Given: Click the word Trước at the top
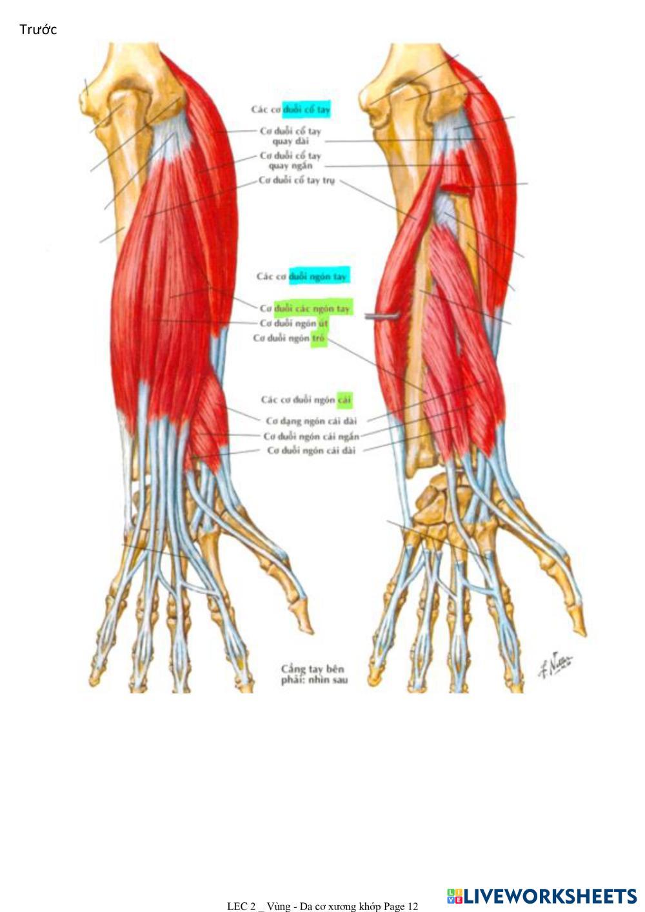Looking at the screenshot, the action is [38, 30].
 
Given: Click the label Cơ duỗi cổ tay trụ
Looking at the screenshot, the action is [297, 180].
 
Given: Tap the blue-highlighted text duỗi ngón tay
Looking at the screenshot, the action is [318, 277].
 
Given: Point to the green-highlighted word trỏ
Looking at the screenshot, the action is [319, 338].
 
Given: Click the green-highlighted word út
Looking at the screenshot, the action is [323, 323].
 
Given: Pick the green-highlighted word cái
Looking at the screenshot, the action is [344, 400].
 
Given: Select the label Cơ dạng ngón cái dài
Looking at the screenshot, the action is [311, 422].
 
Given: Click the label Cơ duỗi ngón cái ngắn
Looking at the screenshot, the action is [311, 436].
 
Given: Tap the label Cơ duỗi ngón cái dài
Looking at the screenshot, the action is [311, 451].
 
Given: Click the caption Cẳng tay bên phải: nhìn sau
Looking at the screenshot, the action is [313, 674].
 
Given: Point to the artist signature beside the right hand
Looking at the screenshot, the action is [556, 664].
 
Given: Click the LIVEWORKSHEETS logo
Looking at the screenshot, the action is [542, 896].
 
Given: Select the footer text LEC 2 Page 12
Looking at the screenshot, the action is [322, 906].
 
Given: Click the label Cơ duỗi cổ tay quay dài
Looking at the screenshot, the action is [290, 136].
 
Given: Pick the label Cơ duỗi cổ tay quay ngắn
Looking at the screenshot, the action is [290, 160].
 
